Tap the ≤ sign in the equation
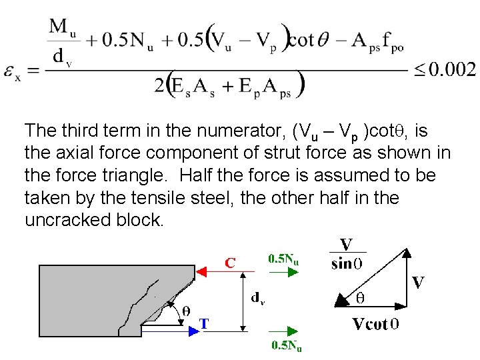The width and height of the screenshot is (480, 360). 417,69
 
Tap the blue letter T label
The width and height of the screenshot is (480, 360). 205,324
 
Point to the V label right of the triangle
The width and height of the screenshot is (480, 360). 418,283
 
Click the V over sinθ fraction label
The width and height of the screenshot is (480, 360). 347,253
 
